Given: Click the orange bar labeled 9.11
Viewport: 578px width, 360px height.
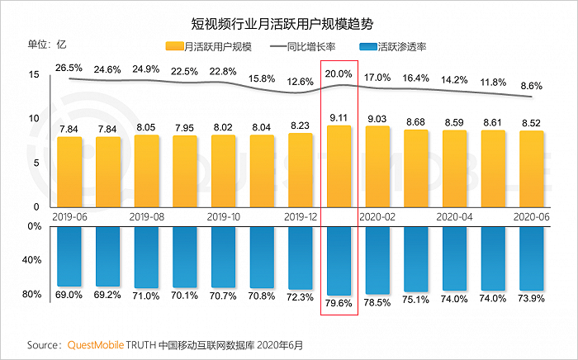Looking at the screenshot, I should point(339,165).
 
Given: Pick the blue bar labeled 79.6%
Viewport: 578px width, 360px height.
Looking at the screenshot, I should point(339,260).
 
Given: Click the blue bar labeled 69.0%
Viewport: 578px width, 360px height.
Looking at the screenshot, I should point(69,256).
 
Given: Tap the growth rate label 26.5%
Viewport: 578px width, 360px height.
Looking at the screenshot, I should point(69,68).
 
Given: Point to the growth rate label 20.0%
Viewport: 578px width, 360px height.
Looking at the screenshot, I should point(339,73).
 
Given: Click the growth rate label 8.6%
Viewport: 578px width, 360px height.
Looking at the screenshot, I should point(530,85).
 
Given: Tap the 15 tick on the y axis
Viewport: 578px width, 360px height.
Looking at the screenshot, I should point(34,75).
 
